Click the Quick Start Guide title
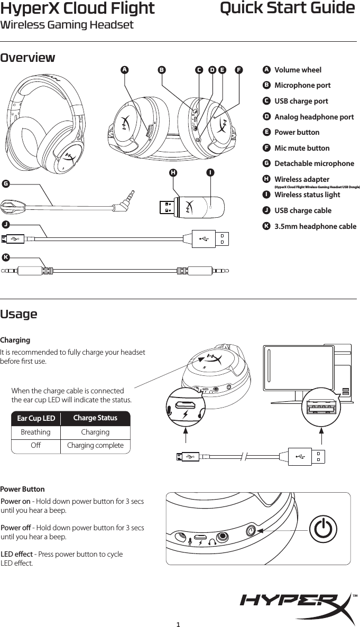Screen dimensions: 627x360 [x=287, y=9]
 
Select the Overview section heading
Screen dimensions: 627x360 [x=28, y=58]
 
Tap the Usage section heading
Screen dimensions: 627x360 [x=19, y=314]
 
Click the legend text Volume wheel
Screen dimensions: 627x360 [x=298, y=70]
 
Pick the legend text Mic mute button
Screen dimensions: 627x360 [x=302, y=148]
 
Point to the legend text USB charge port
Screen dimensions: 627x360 [x=301, y=101]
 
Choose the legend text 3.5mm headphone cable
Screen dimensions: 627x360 [x=315, y=226]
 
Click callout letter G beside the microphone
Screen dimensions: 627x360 [x=5, y=184]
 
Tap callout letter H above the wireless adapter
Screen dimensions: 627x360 [x=173, y=172]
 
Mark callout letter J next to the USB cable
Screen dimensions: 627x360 [x=5, y=225]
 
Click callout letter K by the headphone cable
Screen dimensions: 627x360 [x=5, y=257]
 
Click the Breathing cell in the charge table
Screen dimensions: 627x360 [x=35, y=432]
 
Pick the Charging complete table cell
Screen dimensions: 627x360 [x=95, y=446]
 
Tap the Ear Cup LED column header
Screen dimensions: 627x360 [x=36, y=419]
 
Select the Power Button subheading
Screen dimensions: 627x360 [x=23, y=489]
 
